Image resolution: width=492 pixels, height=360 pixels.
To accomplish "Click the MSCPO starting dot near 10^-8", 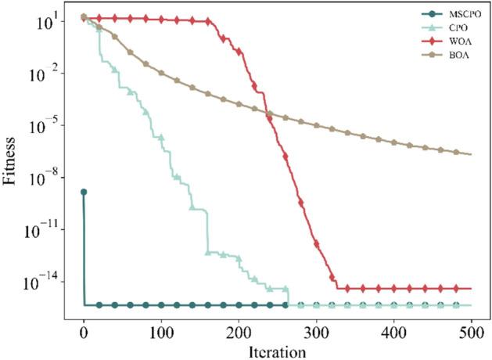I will (x=84, y=192).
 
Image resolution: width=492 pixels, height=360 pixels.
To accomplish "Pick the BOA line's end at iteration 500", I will (x=471, y=154).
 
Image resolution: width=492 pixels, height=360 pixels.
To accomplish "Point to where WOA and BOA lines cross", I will (x=268, y=113).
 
